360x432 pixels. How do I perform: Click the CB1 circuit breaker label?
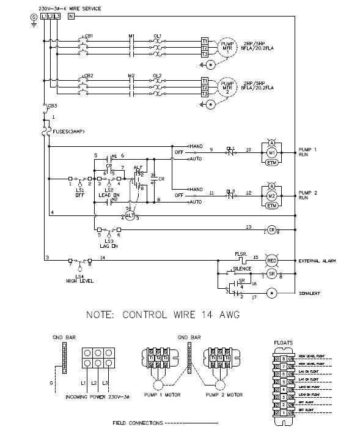pos(89,36)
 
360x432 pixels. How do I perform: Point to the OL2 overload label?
pos(157,76)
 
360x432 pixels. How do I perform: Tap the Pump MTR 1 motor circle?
pos(227,47)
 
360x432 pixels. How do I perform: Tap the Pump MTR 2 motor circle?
pos(227,87)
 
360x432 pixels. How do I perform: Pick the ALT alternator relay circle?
pos(129,216)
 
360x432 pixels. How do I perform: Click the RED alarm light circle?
pos(272,261)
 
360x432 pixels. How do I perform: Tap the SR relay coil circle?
pos(272,275)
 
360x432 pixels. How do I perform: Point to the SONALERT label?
pos(312,294)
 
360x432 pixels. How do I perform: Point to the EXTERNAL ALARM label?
pos(318,261)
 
